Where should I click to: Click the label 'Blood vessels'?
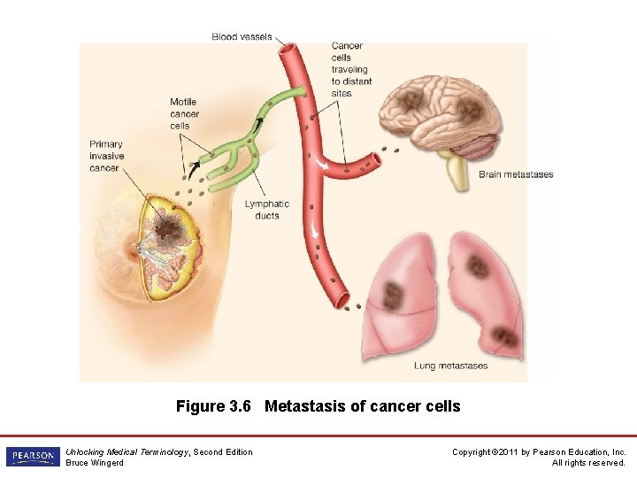click(x=241, y=36)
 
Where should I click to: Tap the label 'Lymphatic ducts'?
click(x=266, y=210)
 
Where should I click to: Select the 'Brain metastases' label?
click(x=516, y=174)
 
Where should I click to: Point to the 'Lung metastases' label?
click(x=450, y=366)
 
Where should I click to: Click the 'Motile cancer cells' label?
click(x=184, y=114)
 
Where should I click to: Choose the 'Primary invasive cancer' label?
click(x=106, y=156)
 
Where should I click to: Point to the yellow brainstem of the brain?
click(x=457, y=173)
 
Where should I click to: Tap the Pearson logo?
click(x=32, y=457)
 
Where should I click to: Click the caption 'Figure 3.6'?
click(x=214, y=406)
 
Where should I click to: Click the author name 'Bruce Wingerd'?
click(x=95, y=463)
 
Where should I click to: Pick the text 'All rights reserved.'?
click(x=588, y=463)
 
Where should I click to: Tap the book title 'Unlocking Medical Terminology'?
click(x=127, y=451)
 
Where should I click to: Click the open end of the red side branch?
click(x=377, y=161)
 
